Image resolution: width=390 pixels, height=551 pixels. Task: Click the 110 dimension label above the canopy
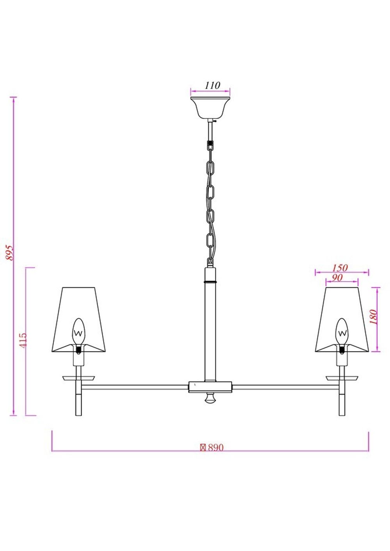coord(212,85)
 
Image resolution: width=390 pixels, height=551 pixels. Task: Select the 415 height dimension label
coord(23,340)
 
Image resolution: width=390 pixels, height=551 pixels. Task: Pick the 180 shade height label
coord(374,317)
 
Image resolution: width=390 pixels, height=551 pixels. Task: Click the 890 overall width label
coord(212,448)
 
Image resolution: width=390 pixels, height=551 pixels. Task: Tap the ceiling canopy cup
coord(210,108)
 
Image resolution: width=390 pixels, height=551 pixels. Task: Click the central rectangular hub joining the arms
coord(210,387)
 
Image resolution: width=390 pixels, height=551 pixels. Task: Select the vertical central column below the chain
coord(210,331)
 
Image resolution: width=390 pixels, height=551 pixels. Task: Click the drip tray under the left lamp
coord(79,378)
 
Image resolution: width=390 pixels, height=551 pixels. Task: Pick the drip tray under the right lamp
coord(342,378)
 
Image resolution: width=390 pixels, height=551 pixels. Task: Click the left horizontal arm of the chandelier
coord(135,387)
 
